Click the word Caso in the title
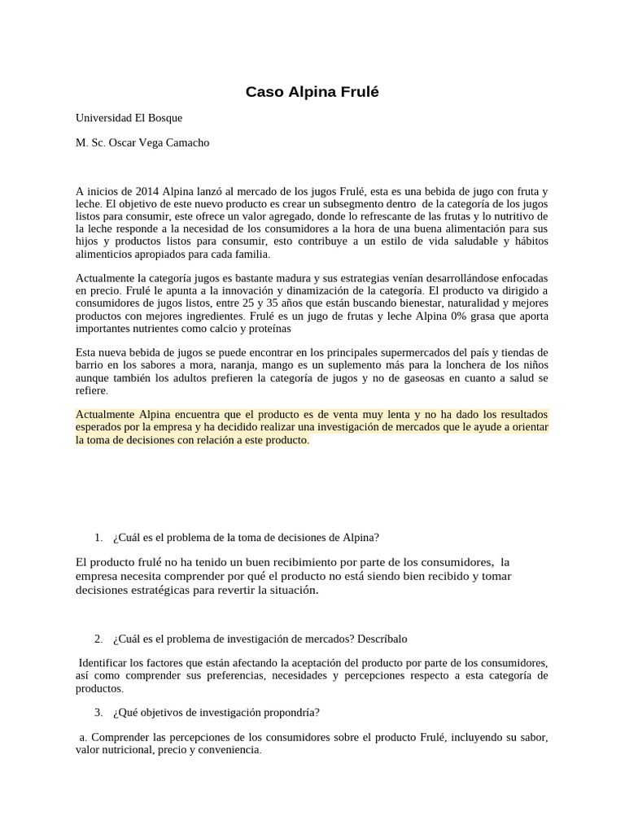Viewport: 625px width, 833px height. coord(263,93)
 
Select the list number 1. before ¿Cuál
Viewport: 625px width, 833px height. coord(98,537)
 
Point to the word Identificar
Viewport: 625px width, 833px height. coord(106,662)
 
